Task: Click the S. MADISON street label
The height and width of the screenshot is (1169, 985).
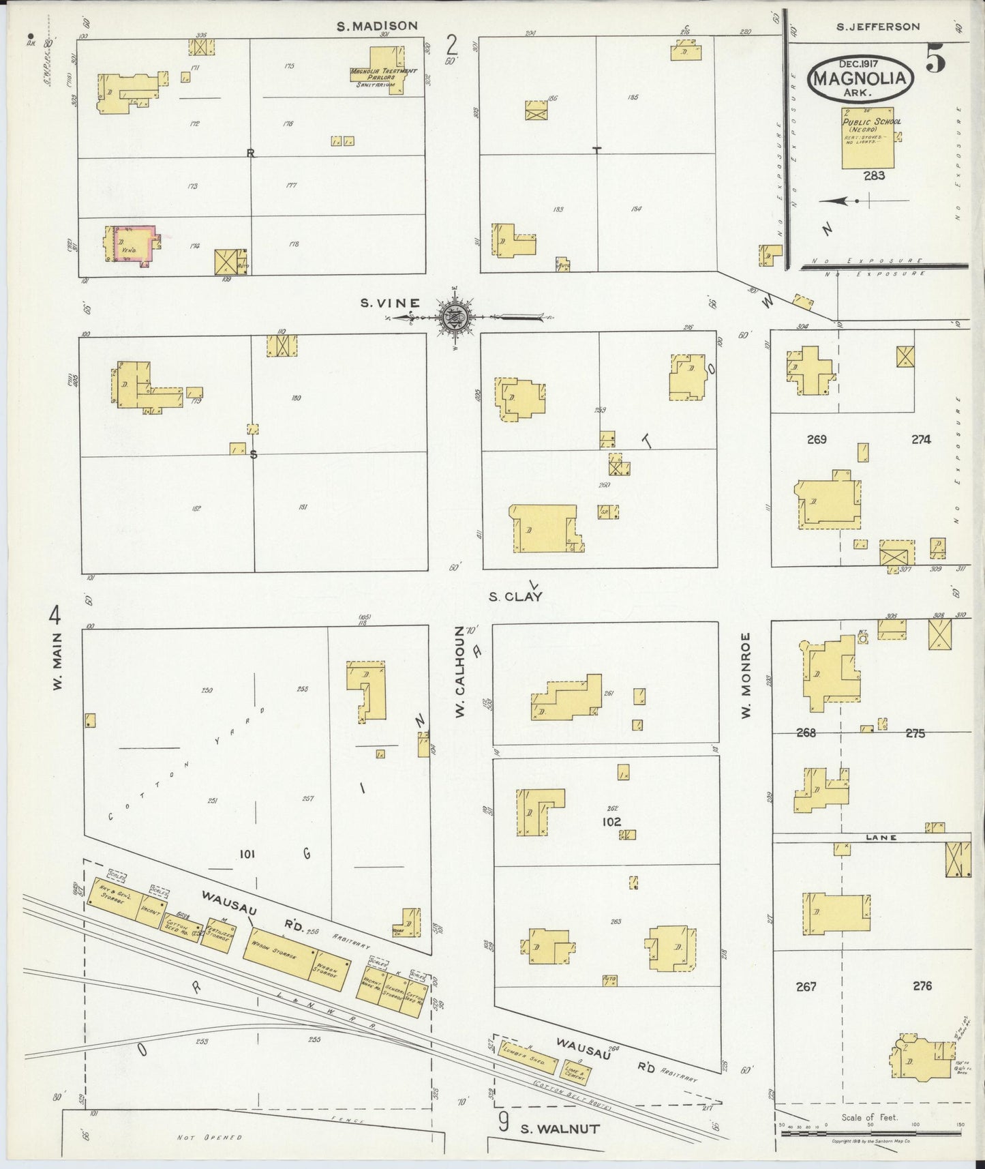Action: coord(378,26)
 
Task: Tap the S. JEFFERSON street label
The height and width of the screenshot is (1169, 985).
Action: coord(878,27)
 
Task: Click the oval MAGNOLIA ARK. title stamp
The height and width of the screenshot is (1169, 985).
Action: coord(860,78)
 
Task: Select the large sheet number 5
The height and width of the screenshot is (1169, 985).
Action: coord(935,61)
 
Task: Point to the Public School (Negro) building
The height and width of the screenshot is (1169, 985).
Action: coord(867,139)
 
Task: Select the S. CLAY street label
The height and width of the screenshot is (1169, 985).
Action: coord(515,597)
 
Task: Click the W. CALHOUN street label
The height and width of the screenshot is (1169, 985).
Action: coord(461,672)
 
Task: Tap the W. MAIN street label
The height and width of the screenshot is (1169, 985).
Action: coord(57,662)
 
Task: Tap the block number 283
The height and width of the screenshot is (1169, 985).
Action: coord(874,176)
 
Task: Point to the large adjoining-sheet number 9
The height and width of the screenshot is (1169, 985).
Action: coord(503,1123)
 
